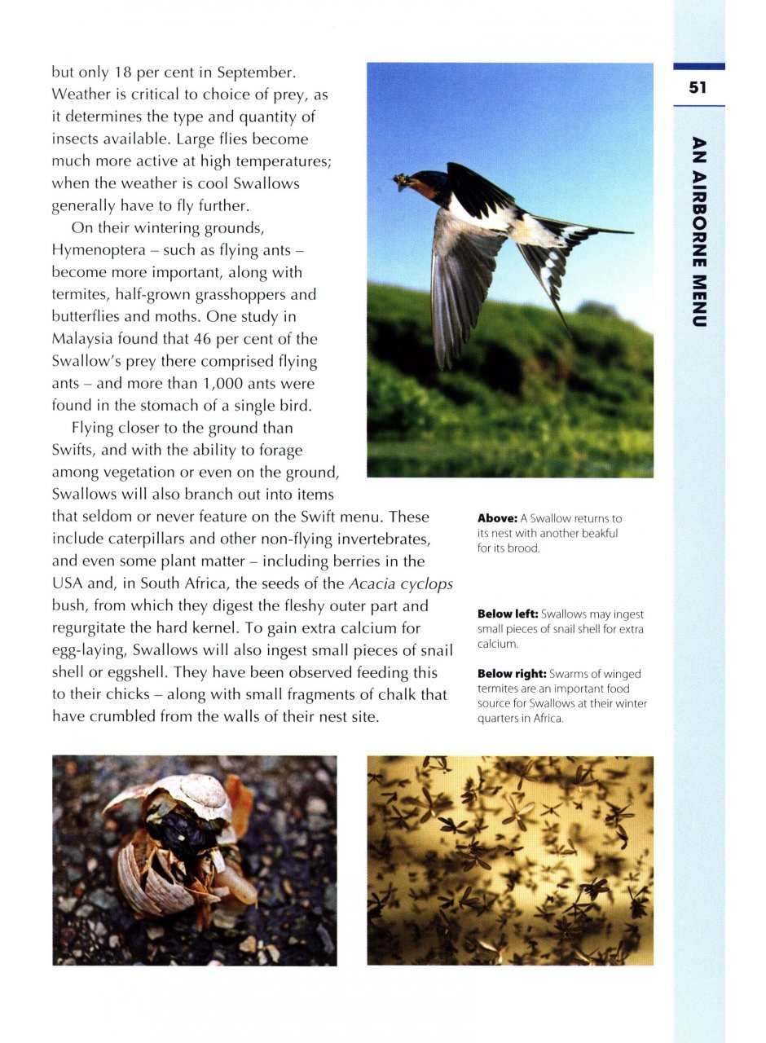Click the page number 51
point(697,88)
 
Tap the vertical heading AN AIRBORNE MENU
point(698,231)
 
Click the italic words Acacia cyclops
point(400,583)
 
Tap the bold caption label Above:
point(497,518)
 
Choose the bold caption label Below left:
point(508,614)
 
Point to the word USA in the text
point(65,583)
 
